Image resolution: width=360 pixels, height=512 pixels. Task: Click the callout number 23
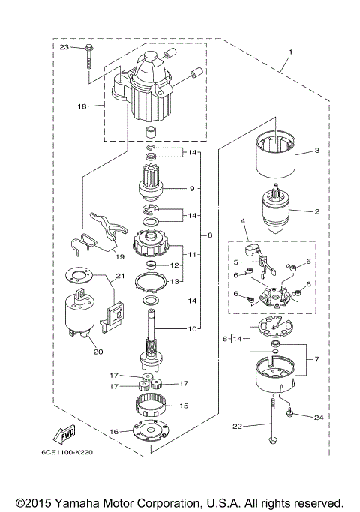pos(64,47)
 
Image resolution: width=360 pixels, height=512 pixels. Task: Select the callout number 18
pos(82,107)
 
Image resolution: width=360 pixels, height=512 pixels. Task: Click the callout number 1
pos(290,55)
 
